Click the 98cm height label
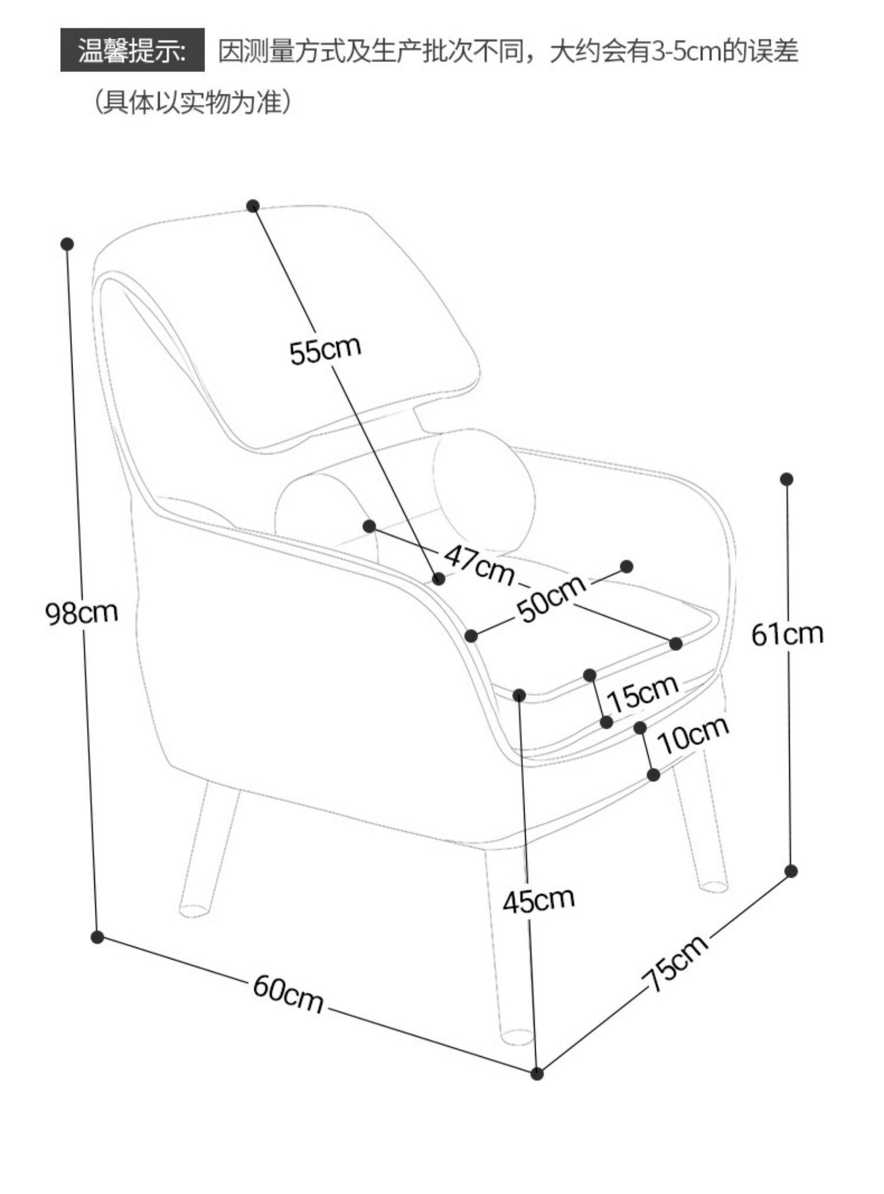coord(82,613)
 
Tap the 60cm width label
coord(288,994)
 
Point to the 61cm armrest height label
coord(787,634)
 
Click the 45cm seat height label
coord(538,900)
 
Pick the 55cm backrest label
coord(325,350)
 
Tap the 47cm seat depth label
coord(479,564)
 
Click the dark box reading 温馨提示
coord(133,50)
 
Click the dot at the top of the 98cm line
coord(67,244)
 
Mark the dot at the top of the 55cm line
coord(253,205)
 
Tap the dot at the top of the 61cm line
coord(786,479)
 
